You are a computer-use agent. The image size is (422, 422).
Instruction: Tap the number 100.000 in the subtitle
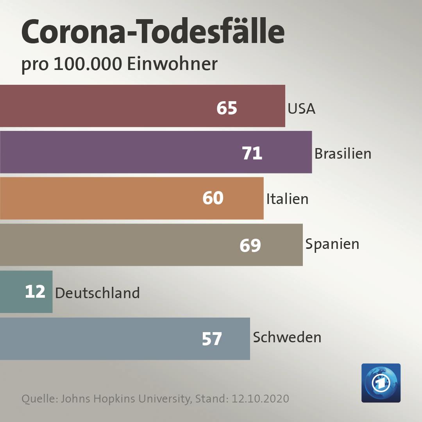(x=88, y=64)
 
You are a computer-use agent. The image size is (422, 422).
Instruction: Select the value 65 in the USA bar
(x=227, y=108)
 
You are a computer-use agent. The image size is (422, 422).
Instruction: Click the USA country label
(x=301, y=109)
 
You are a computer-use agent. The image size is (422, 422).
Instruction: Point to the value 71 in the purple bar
(x=252, y=154)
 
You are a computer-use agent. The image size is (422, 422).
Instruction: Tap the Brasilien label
(x=343, y=154)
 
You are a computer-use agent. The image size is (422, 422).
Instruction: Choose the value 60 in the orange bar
(x=213, y=198)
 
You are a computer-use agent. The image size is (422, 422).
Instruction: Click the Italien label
(x=287, y=199)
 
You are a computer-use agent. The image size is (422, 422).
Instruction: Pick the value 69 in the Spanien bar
(x=250, y=245)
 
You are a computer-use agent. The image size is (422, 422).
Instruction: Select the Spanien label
(x=332, y=244)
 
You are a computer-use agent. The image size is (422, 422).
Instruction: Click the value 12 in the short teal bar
(x=35, y=292)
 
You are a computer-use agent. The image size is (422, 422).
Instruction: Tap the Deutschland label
(x=97, y=293)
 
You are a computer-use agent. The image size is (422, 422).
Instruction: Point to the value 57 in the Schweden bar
(x=212, y=339)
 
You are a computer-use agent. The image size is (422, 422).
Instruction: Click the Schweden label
(x=287, y=337)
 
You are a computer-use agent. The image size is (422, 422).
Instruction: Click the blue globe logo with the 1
(x=381, y=383)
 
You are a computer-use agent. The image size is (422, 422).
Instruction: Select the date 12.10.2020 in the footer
(x=260, y=399)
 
